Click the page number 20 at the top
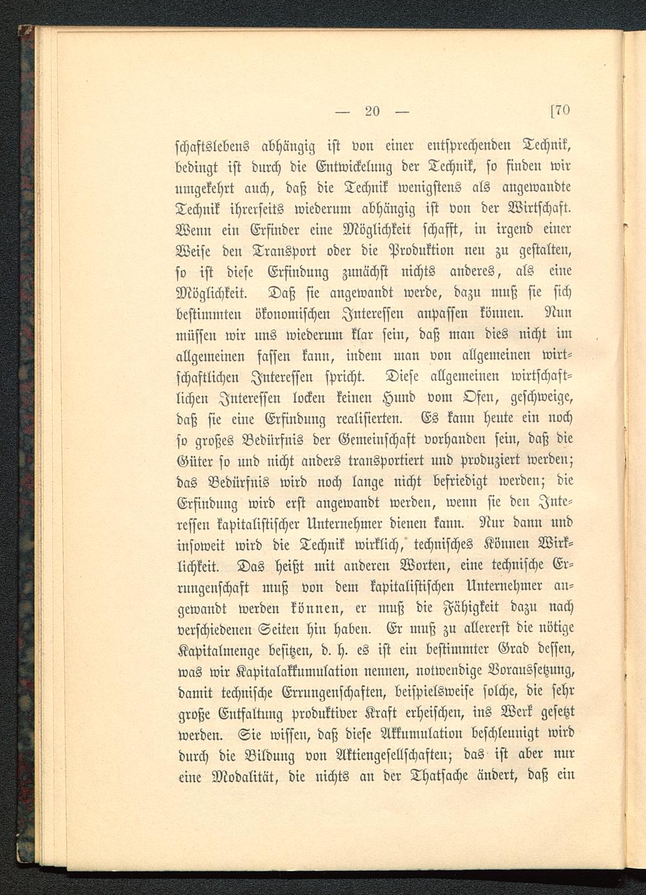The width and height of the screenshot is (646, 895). pyautogui.click(x=371, y=111)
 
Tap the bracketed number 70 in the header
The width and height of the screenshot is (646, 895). pyautogui.click(x=559, y=111)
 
